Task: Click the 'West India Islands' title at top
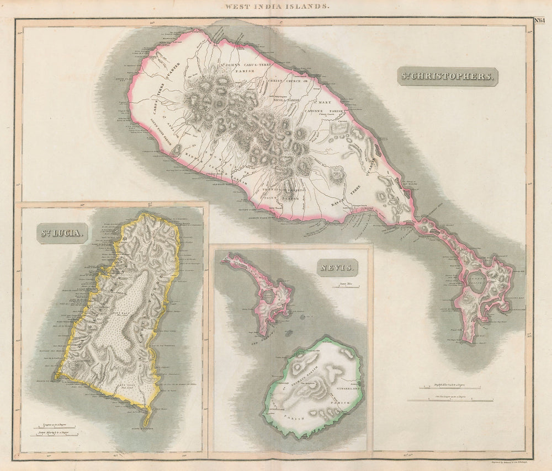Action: (x=277, y=6)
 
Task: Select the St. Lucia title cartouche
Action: (x=62, y=233)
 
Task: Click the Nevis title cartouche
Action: (x=337, y=269)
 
